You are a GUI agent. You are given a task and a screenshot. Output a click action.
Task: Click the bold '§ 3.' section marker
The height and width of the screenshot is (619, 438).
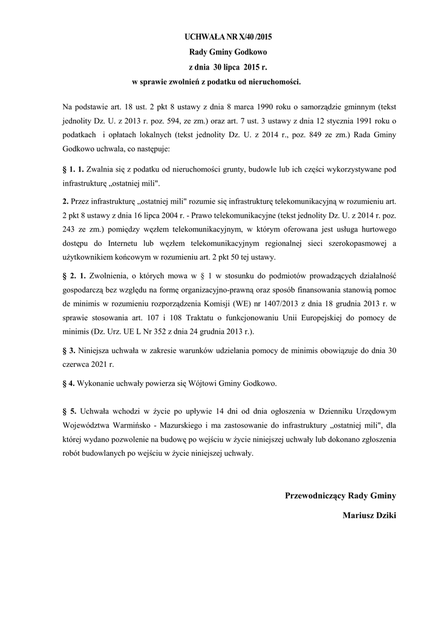(69, 350)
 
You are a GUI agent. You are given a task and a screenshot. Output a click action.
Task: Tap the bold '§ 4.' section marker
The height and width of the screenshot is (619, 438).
(69, 383)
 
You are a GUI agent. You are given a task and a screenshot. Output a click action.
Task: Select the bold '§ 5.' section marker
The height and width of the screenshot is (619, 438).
(70, 412)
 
